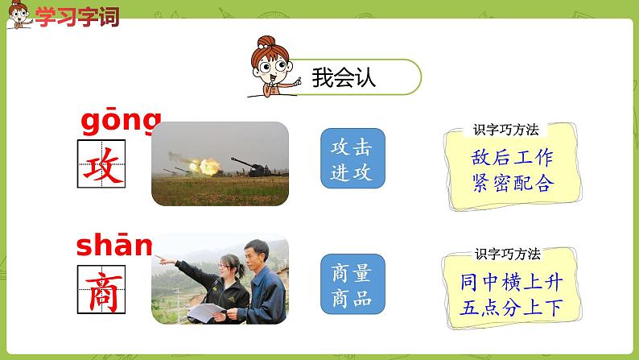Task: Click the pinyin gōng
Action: tap(121, 122)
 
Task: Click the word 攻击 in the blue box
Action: tap(352, 147)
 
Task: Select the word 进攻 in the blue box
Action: tap(352, 172)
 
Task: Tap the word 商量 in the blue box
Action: tap(352, 272)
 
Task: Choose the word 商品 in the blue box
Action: tap(352, 298)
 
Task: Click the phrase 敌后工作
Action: tap(513, 157)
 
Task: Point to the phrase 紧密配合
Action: tap(513, 182)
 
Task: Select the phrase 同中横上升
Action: tap(513, 282)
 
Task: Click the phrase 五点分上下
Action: tap(513, 307)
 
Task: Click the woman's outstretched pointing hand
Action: tap(161, 259)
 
